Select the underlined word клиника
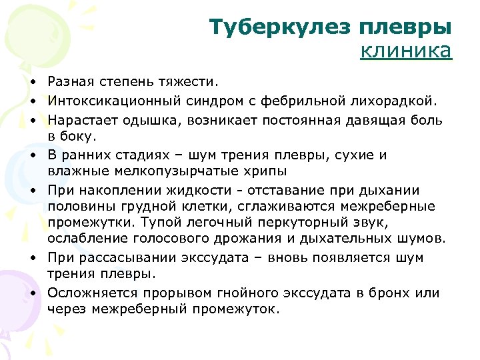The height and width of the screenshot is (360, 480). pyautogui.click(x=406, y=51)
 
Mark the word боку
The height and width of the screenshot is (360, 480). pyautogui.click(x=79, y=136)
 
